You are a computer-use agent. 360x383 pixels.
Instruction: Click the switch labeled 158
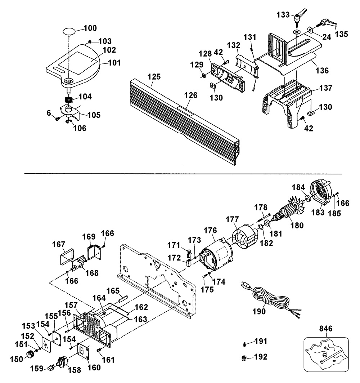(64, 361)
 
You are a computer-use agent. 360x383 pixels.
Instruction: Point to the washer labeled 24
(310, 29)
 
